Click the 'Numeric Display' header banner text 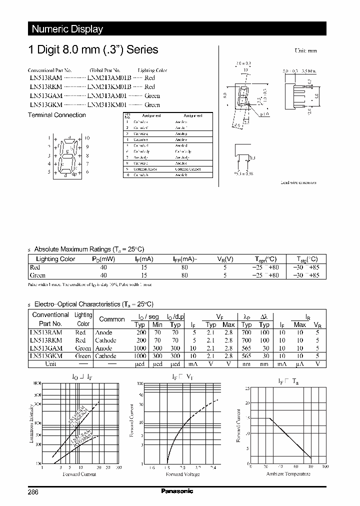coord(67,29)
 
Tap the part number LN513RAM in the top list coord(45,78)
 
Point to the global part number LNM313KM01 coord(107,105)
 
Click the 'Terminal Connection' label coord(56,115)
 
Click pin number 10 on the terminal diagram coord(87,137)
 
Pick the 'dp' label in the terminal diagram coord(74,174)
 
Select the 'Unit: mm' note coord(305,51)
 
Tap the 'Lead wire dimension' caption coord(298,183)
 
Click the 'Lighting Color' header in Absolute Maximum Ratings coord(55,259)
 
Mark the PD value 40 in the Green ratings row coord(103,275)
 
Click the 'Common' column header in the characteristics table coord(112,319)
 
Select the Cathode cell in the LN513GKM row coord(105,356)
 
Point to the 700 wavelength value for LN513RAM coord(246,332)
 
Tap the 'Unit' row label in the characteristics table coord(50,364)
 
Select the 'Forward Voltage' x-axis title coord(182,474)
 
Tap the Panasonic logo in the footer coord(177,491)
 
